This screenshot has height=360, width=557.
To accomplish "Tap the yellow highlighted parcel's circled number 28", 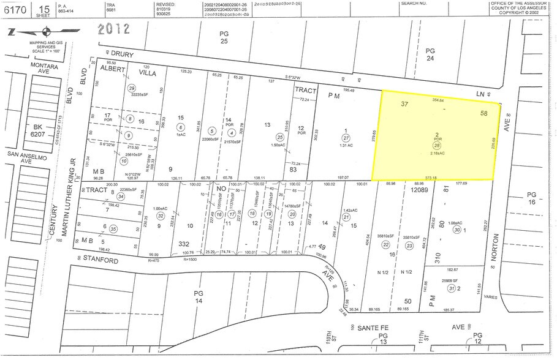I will point(438,145).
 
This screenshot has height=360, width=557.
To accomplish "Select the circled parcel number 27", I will point(346,138).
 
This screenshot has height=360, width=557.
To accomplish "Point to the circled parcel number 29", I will point(131,88).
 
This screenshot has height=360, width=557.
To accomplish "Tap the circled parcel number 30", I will point(457,230).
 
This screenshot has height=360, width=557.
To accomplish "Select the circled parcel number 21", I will point(346,217).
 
